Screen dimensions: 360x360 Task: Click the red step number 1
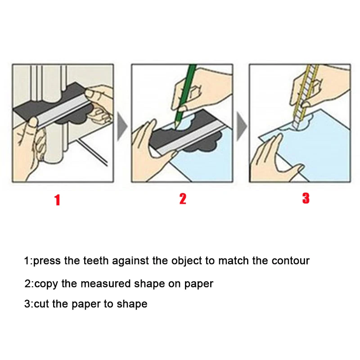57,200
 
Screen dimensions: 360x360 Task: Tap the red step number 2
183,198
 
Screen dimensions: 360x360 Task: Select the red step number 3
306,198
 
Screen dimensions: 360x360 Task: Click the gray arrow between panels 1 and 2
122,126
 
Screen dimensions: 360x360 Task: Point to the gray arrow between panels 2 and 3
242,126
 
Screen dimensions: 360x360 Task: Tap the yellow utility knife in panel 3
305,96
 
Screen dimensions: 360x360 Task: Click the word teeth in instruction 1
96,261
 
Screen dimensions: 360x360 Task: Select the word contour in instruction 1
290,261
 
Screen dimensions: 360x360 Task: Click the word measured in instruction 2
106,284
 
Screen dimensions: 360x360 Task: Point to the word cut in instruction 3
41,304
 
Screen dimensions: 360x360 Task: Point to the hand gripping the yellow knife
321,87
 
